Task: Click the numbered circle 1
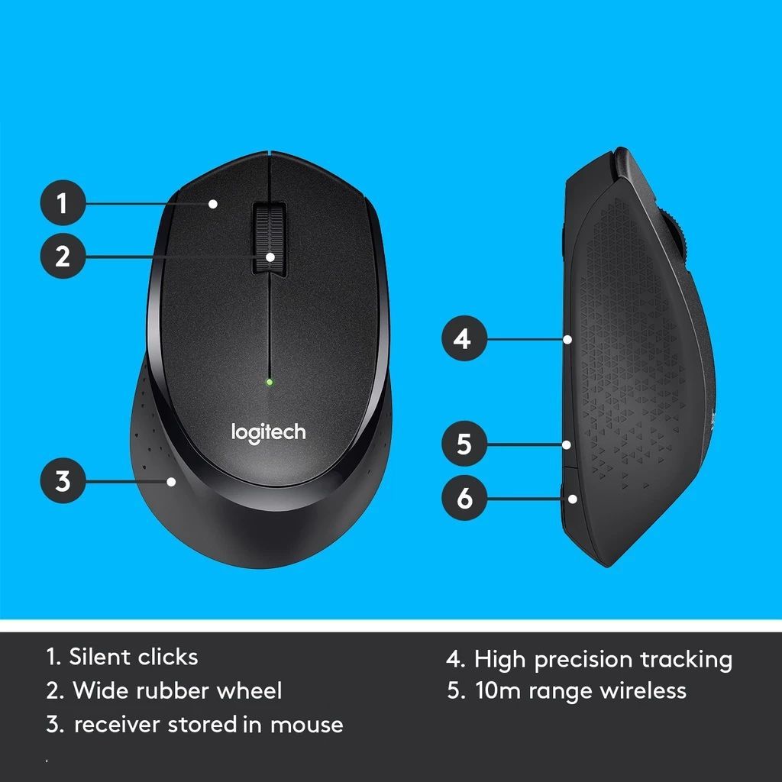click(x=62, y=203)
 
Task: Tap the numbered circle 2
click(x=62, y=256)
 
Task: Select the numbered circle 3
click(x=62, y=481)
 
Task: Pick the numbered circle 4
click(x=463, y=338)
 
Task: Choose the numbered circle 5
click(x=463, y=444)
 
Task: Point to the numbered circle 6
click(x=463, y=499)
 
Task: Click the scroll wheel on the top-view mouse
click(x=270, y=238)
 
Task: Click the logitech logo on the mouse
click(x=268, y=433)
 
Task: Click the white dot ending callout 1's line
click(x=214, y=203)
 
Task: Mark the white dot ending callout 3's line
click(x=172, y=481)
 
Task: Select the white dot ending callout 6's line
click(x=572, y=499)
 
